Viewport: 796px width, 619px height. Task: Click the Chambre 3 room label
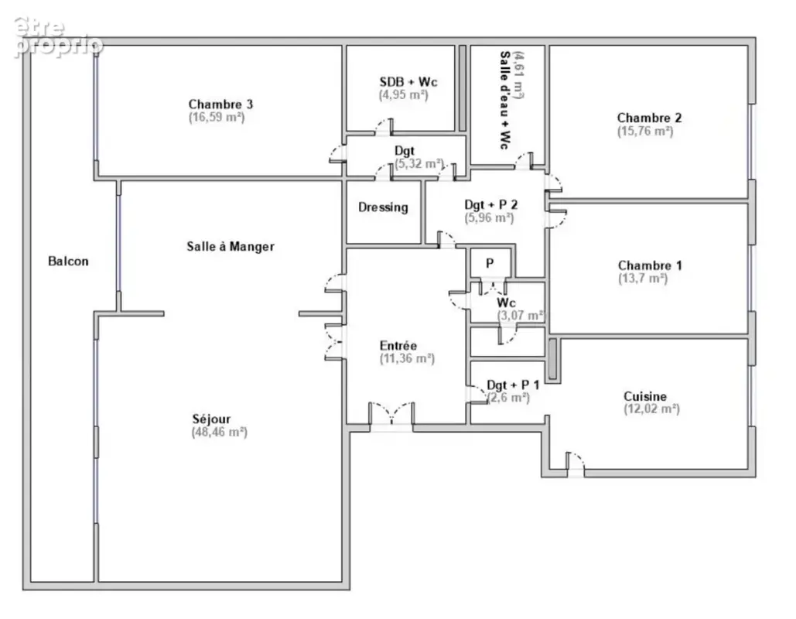tap(220, 104)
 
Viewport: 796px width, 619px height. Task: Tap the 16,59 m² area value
tap(217, 118)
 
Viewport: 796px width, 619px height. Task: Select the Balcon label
tap(68, 261)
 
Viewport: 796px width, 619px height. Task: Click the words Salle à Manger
tap(231, 246)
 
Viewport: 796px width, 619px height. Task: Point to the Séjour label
tap(211, 419)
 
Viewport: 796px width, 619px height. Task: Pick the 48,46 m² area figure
tap(220, 432)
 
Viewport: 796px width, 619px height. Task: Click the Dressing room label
tap(383, 207)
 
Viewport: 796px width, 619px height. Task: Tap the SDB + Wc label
tap(408, 82)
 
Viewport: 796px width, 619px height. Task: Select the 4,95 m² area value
tap(404, 94)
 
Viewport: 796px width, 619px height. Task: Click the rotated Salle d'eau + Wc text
tap(505, 100)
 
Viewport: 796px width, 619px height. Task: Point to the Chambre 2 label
tap(649, 118)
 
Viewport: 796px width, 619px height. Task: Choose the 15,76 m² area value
tap(645, 131)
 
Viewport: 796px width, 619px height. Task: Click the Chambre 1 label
tap(650, 265)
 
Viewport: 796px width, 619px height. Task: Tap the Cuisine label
tap(644, 396)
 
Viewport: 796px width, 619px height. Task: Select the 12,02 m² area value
tap(651, 409)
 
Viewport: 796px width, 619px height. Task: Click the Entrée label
tap(398, 345)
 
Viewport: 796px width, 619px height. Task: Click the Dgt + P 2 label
tap(491, 204)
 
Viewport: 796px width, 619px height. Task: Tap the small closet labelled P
tap(490, 263)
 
